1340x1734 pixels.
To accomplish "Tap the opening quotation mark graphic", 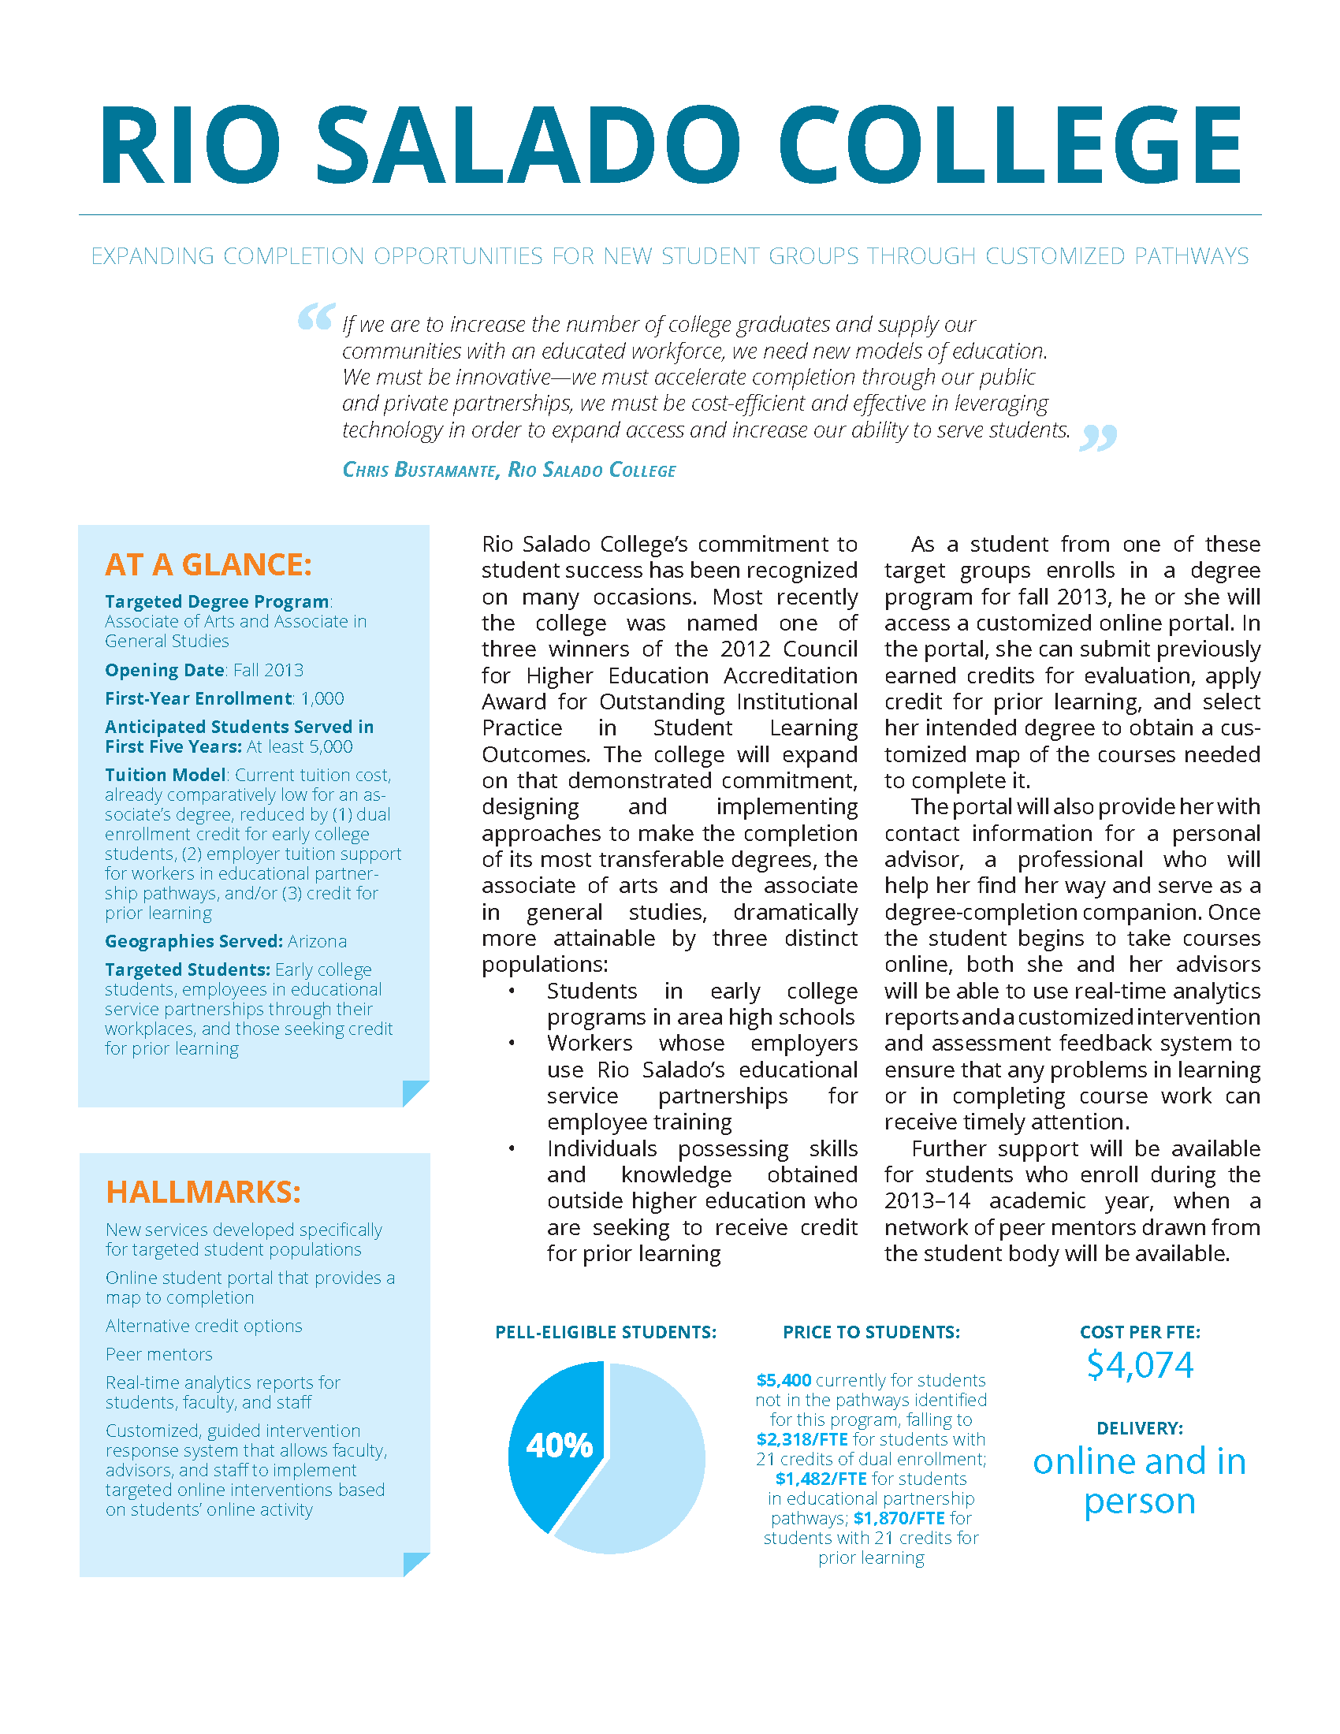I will tap(315, 317).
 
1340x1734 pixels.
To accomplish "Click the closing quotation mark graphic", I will tap(1098, 437).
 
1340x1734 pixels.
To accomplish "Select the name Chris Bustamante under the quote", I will tap(420, 470).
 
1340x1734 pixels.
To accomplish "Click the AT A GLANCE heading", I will tap(208, 564).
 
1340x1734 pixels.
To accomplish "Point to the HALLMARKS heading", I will tap(203, 1193).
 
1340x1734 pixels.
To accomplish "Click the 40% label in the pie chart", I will tap(559, 1445).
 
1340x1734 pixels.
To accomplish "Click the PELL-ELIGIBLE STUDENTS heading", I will tap(605, 1332).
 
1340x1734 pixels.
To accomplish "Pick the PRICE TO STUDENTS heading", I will tap(871, 1332).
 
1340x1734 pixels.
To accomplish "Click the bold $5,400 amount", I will tap(784, 1380).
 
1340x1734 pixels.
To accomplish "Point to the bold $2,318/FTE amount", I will tap(802, 1439).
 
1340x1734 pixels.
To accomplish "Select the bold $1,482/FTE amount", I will tap(821, 1479).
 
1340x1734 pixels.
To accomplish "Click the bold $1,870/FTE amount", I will tap(899, 1518).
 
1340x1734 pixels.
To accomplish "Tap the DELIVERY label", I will tap(1139, 1428).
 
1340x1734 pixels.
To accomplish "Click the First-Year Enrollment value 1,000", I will tap(322, 698).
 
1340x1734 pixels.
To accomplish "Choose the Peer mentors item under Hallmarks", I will tap(158, 1353).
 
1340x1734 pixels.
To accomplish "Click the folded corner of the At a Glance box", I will tap(415, 1092).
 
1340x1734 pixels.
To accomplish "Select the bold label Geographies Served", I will tap(194, 941).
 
